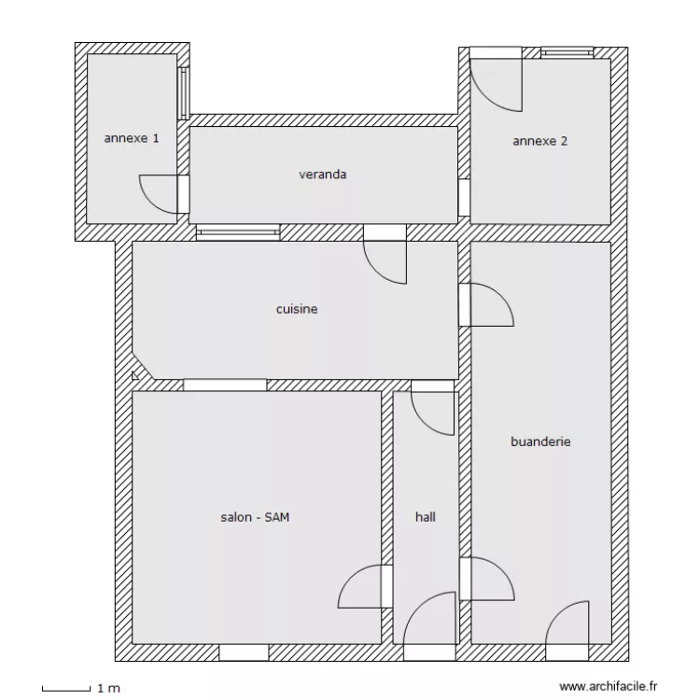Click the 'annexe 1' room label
click(132, 138)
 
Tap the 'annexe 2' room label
click(540, 142)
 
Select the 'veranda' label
click(323, 174)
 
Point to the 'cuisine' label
click(297, 308)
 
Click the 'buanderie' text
click(540, 441)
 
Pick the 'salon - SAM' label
click(255, 517)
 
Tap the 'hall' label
click(426, 516)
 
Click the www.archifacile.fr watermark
click(606, 685)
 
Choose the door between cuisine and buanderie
click(487, 304)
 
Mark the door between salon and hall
click(361, 585)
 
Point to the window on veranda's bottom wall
click(238, 231)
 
